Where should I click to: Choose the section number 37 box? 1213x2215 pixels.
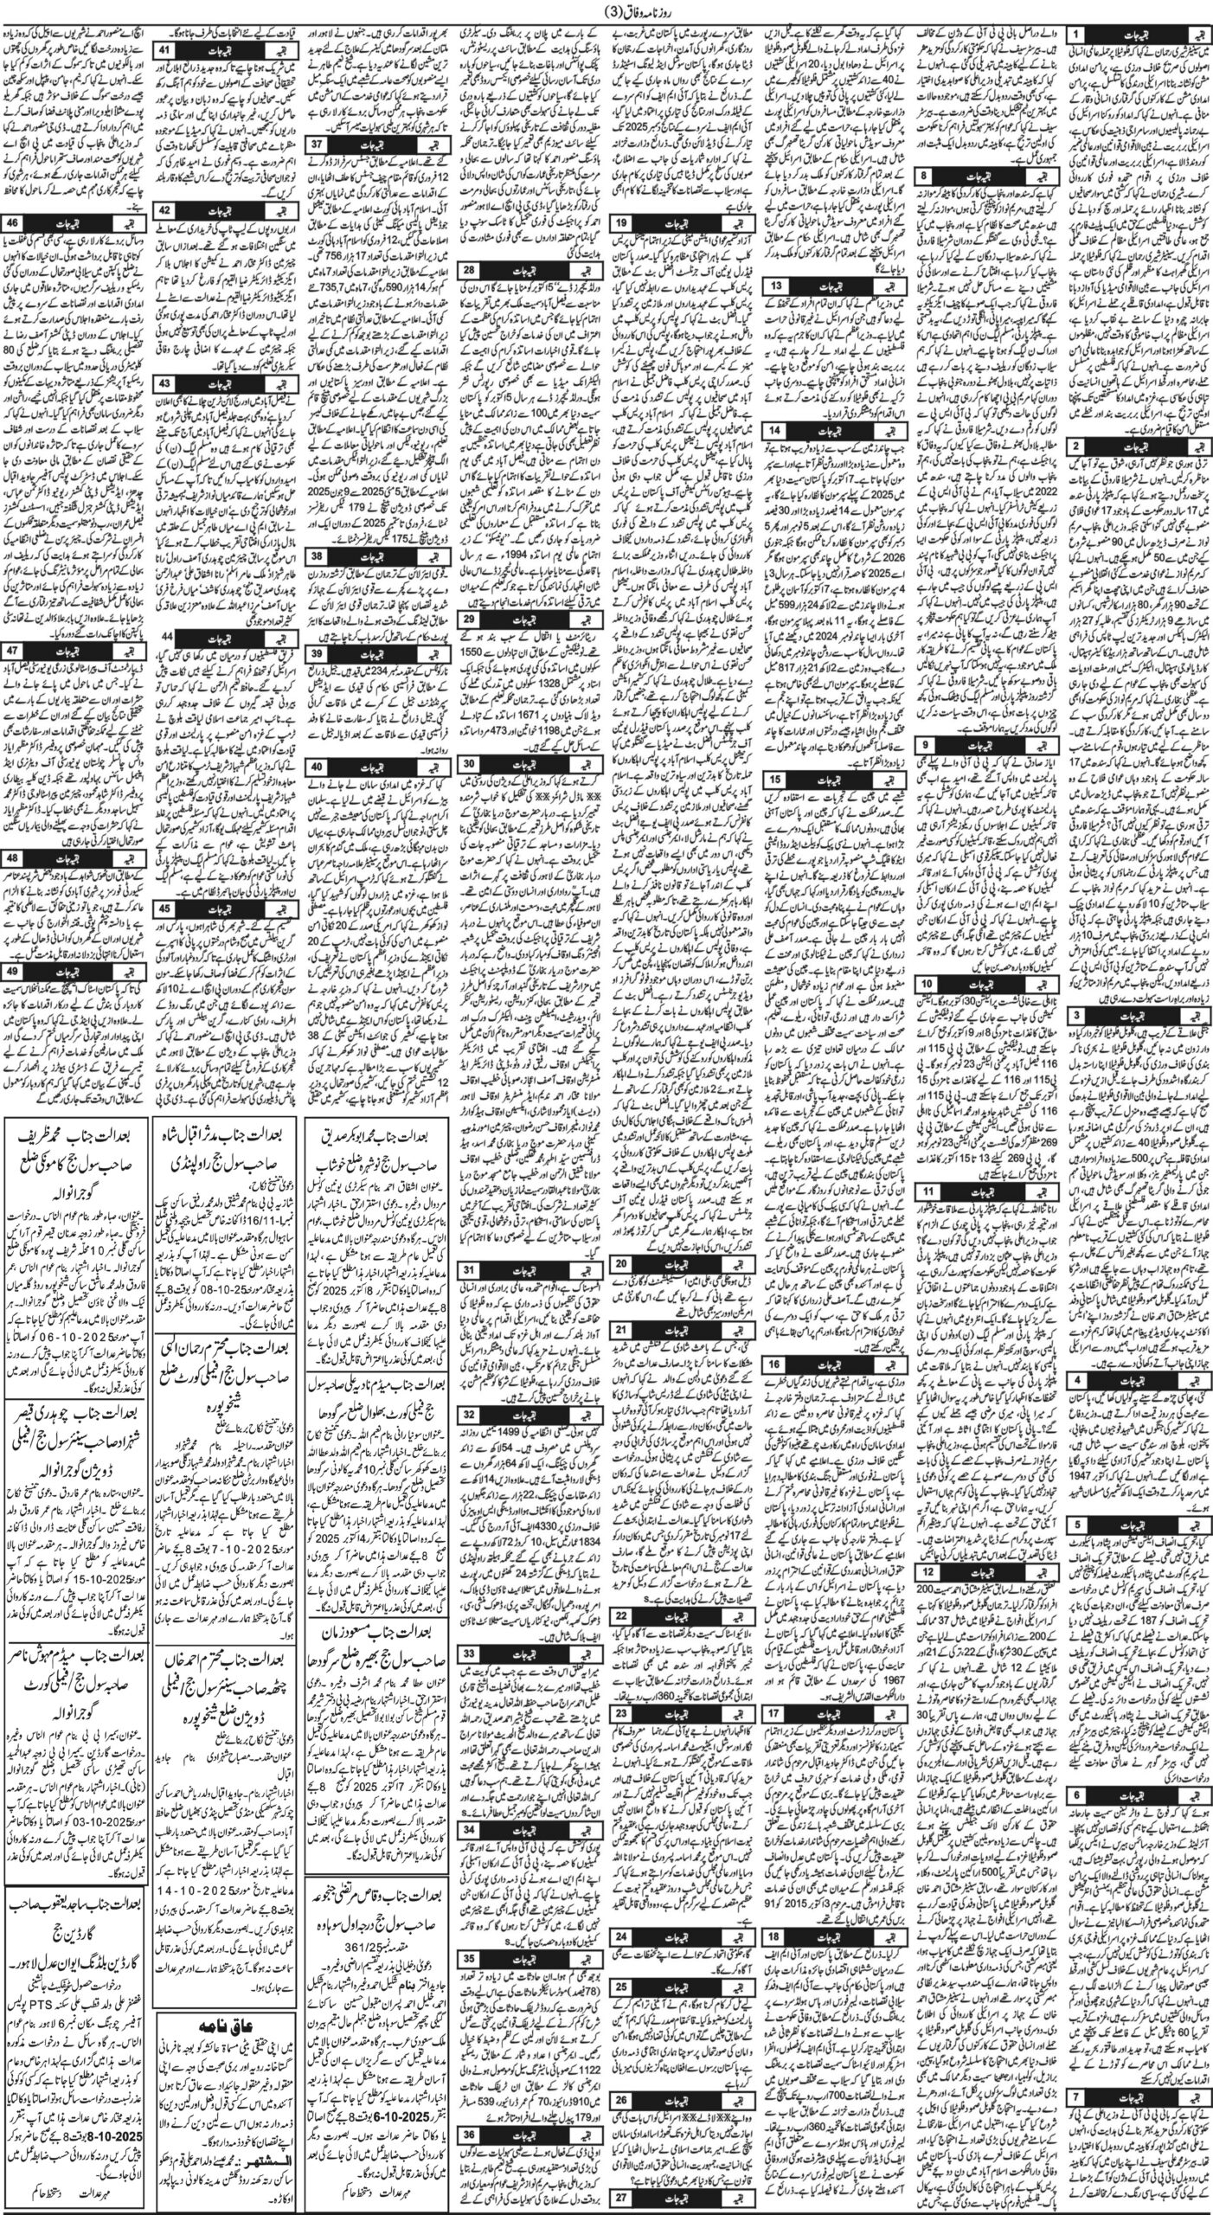[x=319, y=142]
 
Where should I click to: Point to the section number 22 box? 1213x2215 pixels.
[x=622, y=1615]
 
